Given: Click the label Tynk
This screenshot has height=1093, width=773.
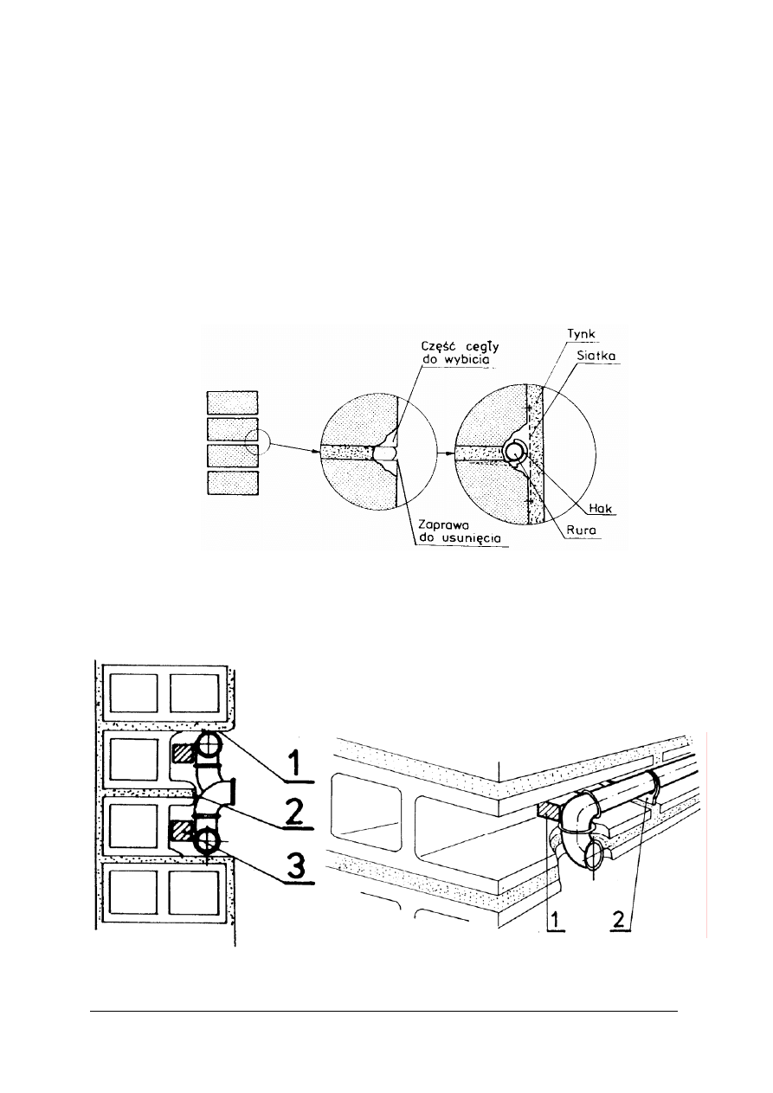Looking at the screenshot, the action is pyautogui.click(x=581, y=335).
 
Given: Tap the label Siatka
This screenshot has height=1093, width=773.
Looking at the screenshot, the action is pyautogui.click(x=596, y=356).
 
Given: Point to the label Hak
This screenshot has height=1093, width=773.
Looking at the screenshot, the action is pyautogui.click(x=600, y=508).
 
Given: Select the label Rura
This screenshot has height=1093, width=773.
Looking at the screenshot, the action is pyautogui.click(x=581, y=530).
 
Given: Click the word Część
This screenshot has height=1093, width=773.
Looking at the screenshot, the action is pyautogui.click(x=438, y=346).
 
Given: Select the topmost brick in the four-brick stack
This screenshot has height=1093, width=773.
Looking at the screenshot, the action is pyautogui.click(x=232, y=402).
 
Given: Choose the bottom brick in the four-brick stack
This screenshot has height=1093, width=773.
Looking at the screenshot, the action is pyautogui.click(x=233, y=483).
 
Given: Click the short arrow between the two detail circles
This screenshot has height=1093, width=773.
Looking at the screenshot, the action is pyautogui.click(x=446, y=453).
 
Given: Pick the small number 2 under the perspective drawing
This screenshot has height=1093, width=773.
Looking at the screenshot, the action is pyautogui.click(x=618, y=919).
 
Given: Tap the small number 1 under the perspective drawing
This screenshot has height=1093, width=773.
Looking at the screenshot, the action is pyautogui.click(x=556, y=920).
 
